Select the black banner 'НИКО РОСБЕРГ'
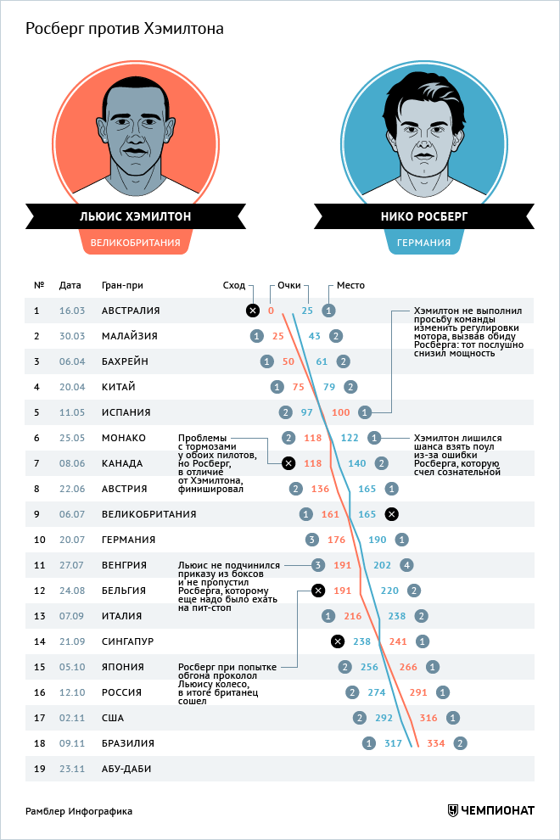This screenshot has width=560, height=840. (x=424, y=216)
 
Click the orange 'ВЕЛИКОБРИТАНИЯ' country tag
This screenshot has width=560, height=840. (x=136, y=243)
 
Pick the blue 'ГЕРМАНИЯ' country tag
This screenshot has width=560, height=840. (x=423, y=243)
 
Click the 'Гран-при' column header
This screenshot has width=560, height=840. (x=122, y=285)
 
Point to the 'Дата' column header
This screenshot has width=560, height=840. (x=70, y=285)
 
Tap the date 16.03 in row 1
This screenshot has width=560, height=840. (x=72, y=311)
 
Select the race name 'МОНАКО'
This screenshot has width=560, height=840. (x=124, y=438)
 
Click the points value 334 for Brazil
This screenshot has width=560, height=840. (x=436, y=743)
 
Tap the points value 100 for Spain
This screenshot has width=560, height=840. (x=341, y=412)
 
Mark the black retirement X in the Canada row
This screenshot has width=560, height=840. (x=288, y=463)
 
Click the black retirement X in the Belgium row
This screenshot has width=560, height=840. (x=317, y=591)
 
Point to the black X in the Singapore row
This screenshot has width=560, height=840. (x=337, y=641)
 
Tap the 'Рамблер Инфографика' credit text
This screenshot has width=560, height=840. (x=79, y=811)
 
